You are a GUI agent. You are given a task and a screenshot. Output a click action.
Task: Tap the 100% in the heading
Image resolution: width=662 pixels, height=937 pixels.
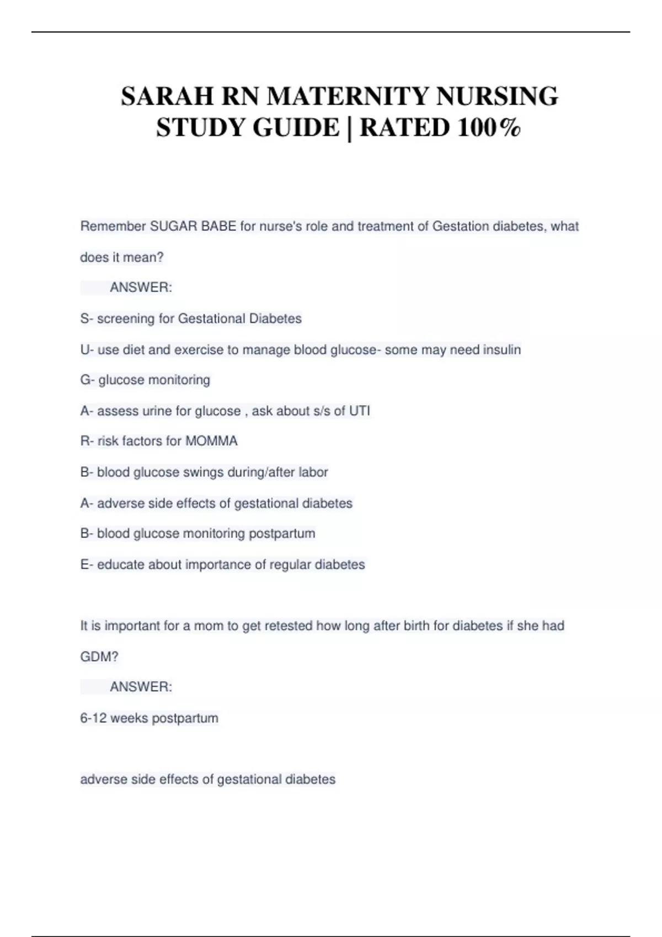coord(489,127)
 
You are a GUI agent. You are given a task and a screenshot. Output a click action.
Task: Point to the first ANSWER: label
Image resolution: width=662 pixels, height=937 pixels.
coord(141,287)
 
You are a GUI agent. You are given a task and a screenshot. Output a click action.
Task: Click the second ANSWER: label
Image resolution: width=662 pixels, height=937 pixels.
coord(141,687)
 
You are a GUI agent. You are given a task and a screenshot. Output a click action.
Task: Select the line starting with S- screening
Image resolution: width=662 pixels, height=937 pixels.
coord(191,319)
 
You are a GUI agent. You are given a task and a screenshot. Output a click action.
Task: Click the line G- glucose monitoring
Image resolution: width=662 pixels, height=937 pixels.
coord(145,380)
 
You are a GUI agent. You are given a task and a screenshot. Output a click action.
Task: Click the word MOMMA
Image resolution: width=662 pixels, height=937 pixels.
coord(211,441)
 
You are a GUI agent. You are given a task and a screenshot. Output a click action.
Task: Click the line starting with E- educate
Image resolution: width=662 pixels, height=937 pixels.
coord(222,564)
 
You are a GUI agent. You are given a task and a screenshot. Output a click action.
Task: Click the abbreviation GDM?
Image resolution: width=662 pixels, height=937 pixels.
coord(99,656)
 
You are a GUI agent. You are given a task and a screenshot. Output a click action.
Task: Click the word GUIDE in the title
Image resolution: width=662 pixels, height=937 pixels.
coord(296,127)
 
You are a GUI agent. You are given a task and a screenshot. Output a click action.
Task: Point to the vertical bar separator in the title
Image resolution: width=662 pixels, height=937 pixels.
coord(350,127)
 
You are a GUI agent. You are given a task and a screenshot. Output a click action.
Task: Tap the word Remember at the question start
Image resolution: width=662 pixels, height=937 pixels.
coord(113,226)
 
